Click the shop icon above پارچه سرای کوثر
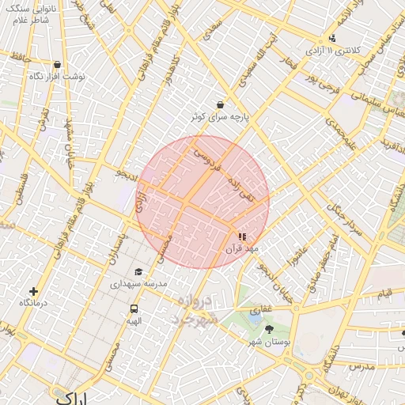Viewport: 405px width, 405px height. [x=220, y=104]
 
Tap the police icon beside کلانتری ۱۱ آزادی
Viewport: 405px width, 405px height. [x=332, y=37]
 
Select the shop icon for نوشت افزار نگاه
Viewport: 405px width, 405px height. [x=57, y=65]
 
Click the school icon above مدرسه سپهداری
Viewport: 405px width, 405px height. [x=138, y=271]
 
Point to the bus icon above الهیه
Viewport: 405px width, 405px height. [x=134, y=309]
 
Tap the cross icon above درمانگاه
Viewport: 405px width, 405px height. [x=32, y=291]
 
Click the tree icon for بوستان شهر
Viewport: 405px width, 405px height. [x=269, y=329]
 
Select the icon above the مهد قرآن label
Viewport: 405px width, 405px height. [x=242, y=236]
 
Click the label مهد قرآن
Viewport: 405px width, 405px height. [x=243, y=248]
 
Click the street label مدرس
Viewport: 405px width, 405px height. [x=360, y=366]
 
